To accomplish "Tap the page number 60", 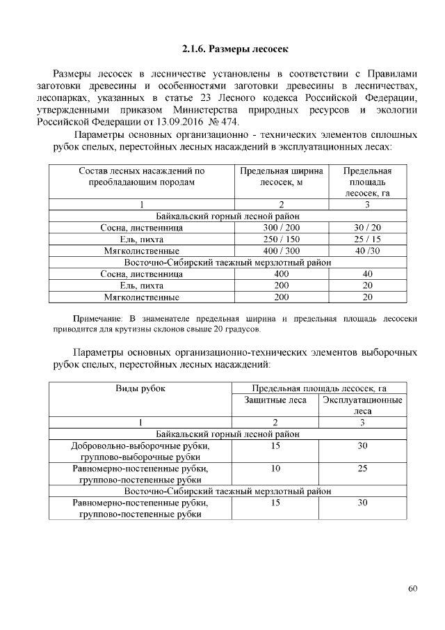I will tap(412, 589).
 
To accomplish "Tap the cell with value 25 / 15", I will tap(368, 239).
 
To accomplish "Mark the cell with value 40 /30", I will tap(368, 251).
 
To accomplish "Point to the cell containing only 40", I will tap(368, 274).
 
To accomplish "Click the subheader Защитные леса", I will tap(275, 400).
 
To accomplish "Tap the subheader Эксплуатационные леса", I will tap(362, 405).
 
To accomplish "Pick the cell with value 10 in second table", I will tap(275, 468).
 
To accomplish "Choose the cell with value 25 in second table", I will tap(362, 468).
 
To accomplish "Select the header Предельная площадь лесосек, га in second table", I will tap(319, 388).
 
